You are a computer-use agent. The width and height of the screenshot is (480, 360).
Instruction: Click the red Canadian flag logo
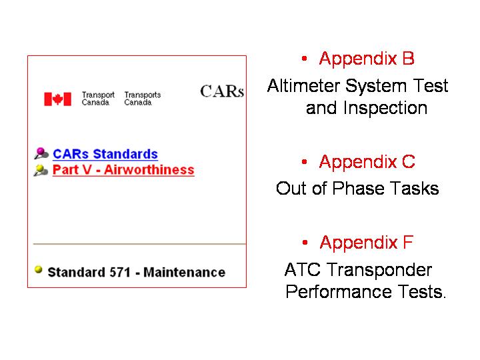57,99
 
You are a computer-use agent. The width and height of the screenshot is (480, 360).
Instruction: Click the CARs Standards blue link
105,154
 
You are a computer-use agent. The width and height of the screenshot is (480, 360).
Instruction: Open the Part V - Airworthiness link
123,169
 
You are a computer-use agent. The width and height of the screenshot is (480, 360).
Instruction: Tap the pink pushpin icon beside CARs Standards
41,153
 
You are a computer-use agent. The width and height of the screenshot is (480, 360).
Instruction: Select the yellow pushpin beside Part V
41,170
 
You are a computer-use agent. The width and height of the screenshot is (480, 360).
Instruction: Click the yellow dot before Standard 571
38,269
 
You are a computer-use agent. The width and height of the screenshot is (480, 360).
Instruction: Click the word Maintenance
184,272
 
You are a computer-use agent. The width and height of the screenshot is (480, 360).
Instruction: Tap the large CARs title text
222,91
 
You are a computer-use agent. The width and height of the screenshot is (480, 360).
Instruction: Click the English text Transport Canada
98,99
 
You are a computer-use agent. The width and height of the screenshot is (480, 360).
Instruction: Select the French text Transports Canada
143,99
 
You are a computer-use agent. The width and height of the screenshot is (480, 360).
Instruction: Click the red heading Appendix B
367,58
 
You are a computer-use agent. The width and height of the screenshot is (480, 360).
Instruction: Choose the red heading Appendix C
367,161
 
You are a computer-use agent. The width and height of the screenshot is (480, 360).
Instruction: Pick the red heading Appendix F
367,242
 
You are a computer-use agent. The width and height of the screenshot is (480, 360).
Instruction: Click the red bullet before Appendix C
304,161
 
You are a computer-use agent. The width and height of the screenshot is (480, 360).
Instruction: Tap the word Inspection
385,109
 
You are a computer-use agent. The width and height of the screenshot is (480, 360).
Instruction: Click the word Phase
358,188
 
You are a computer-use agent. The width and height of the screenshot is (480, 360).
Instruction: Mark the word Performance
339,291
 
